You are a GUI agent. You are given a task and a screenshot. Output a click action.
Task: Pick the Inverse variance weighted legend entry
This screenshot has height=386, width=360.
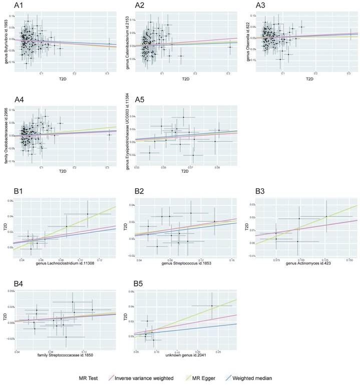coord(160,377)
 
